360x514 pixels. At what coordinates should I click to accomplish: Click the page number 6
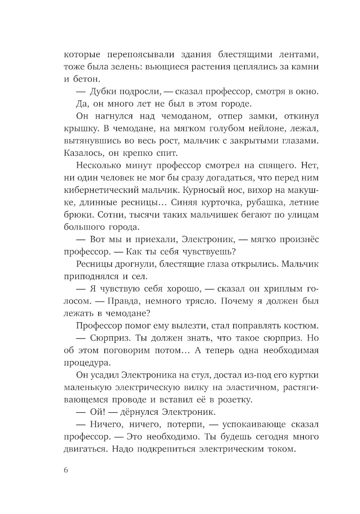click(66, 471)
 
